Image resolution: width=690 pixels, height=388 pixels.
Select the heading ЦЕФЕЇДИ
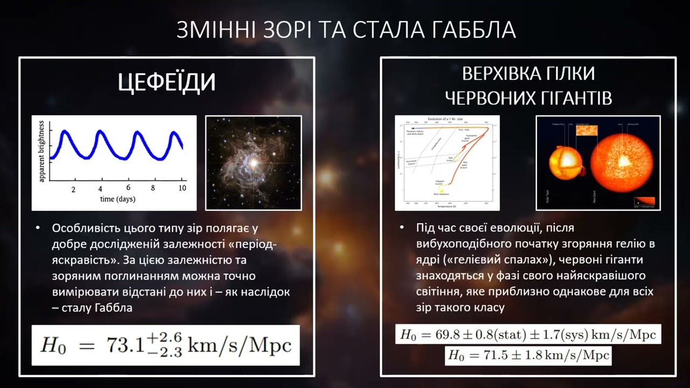click(167, 82)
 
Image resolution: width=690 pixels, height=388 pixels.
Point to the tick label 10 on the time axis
click(182, 188)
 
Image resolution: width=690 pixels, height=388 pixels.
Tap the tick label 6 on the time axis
click(128, 188)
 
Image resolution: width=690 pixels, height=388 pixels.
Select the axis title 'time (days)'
click(118, 199)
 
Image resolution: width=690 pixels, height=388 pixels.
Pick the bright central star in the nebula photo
click(252, 162)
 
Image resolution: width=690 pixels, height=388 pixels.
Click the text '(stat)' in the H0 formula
click(512, 335)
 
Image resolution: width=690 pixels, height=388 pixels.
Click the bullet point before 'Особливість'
click(38, 228)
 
